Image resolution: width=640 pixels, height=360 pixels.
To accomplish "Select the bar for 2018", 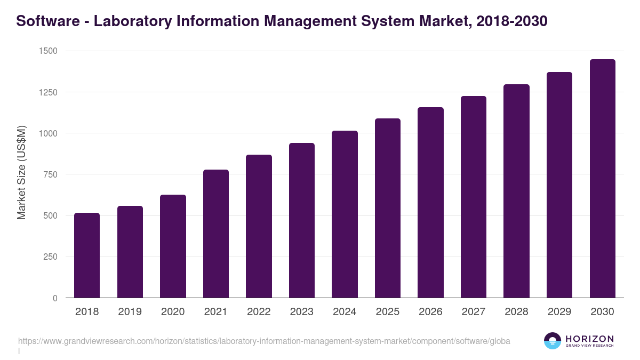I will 87,255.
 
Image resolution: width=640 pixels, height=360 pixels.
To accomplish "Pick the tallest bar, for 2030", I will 602,179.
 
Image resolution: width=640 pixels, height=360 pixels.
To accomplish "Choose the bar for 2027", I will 474,197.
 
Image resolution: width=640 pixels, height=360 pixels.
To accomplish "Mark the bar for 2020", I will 173,246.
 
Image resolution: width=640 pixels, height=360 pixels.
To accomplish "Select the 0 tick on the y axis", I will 54,298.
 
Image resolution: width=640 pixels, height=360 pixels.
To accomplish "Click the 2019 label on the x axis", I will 130,312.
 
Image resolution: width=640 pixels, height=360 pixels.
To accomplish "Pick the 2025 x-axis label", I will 387,312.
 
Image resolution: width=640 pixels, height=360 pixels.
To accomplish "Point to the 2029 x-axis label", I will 559,312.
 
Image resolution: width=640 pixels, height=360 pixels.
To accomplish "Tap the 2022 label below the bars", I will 259,312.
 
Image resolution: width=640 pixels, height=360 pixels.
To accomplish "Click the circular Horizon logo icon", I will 552,341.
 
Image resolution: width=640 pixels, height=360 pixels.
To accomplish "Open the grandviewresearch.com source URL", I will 264,341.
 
